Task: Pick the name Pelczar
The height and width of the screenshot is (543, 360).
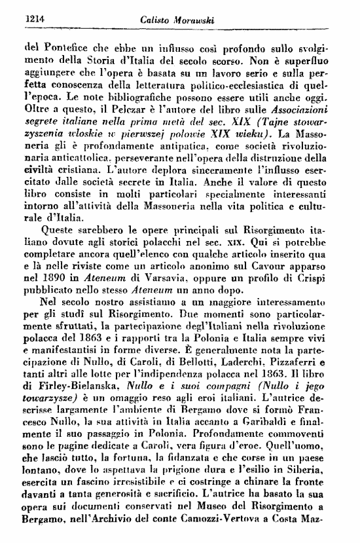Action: (120, 121)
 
